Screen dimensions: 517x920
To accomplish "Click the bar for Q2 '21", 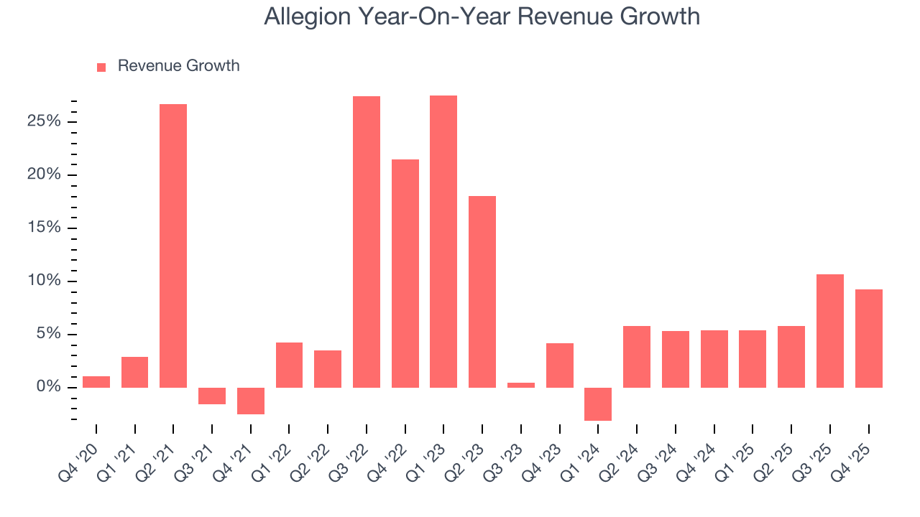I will pos(173,246).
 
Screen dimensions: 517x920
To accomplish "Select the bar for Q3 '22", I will pos(367,242).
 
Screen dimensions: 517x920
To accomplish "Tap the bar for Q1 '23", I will pos(443,241).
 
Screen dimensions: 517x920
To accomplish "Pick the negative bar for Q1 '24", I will pos(598,404).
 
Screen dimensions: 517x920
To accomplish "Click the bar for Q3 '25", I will pos(830,331).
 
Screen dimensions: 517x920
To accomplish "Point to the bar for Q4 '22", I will pos(405,274).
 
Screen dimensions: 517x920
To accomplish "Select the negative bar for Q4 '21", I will pos(251,401).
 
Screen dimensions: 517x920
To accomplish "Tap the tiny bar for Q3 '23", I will pos(521,385).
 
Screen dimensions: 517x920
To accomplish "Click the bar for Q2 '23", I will pos(482,292).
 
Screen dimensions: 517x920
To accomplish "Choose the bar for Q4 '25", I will pos(868,338).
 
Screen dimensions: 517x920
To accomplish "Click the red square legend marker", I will pos(101,67).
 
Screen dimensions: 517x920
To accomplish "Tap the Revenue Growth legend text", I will pos(178,66).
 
